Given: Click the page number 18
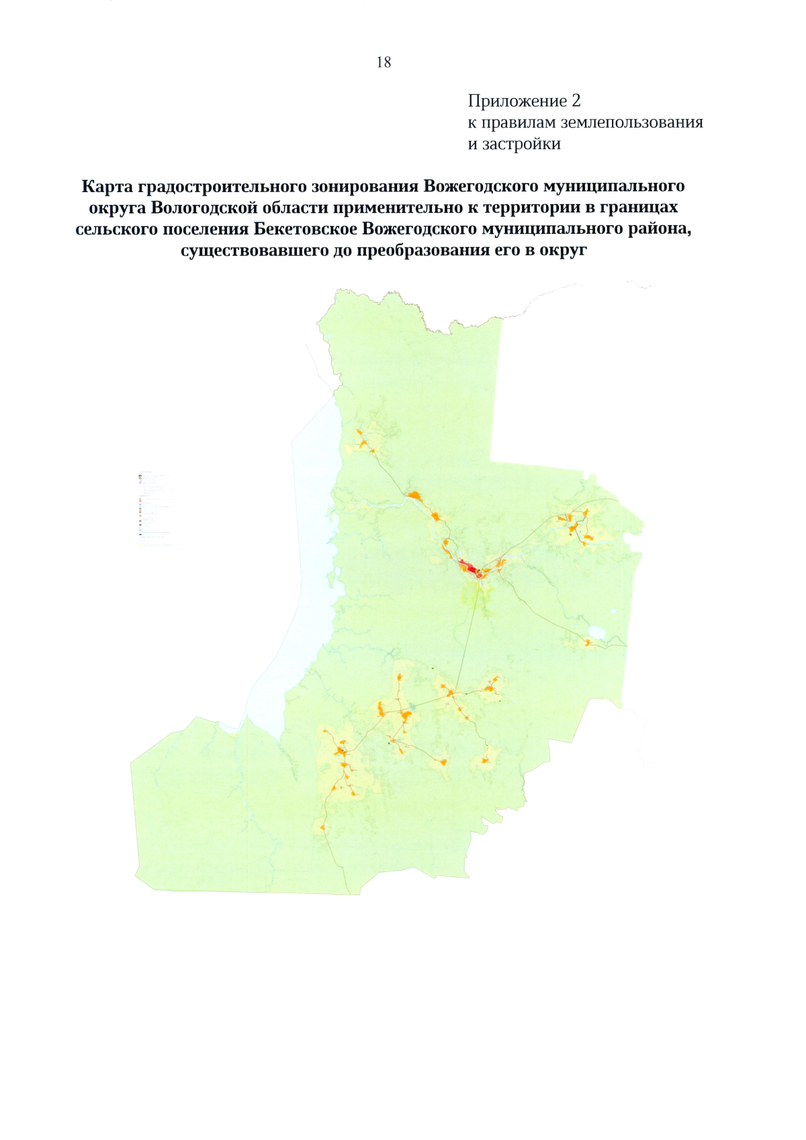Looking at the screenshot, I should pyautogui.click(x=384, y=62).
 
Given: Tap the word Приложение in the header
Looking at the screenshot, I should pyautogui.click(x=517, y=101).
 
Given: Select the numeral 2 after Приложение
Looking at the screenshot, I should pyautogui.click(x=576, y=101).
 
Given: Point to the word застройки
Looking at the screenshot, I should pyautogui.click(x=521, y=144).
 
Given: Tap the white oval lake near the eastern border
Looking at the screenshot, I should pyautogui.click(x=595, y=631).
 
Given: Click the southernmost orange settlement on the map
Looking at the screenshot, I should pyautogui.click(x=323, y=828).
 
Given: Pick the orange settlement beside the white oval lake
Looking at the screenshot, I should pyautogui.click(x=588, y=644).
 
